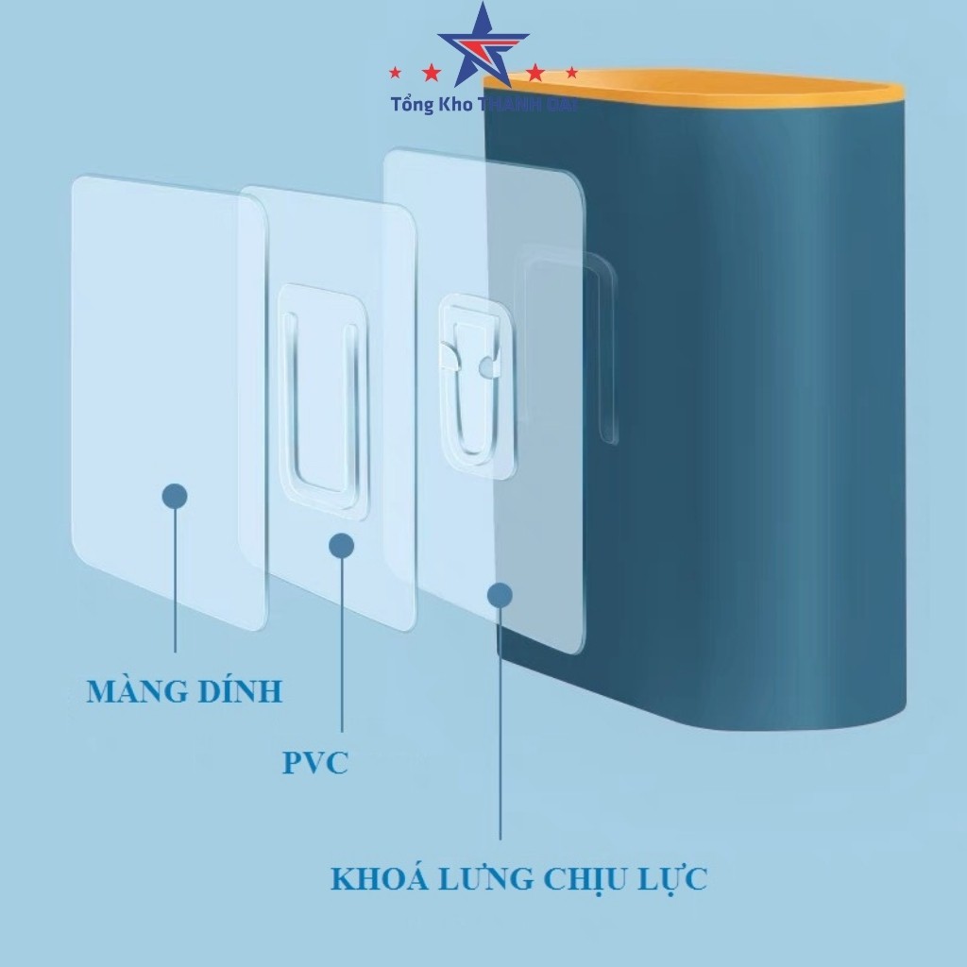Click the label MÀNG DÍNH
pyautogui.click(x=184, y=691)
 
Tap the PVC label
pyautogui.click(x=315, y=762)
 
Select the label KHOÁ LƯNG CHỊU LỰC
pyautogui.click(x=518, y=879)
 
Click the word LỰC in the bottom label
pyautogui.click(x=675, y=879)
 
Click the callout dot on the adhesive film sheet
pyautogui.click(x=175, y=497)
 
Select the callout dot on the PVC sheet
pyautogui.click(x=341, y=545)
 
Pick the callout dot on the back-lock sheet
pyautogui.click(x=500, y=595)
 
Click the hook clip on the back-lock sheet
pyautogui.click(x=469, y=368)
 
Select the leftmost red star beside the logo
pyautogui.click(x=398, y=72)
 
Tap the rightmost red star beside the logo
pyautogui.click(x=570, y=72)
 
